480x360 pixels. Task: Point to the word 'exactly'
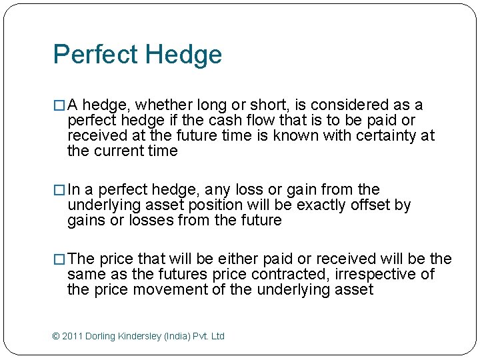(322, 205)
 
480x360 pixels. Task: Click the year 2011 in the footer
(73, 336)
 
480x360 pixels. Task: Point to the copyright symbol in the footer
(56, 336)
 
